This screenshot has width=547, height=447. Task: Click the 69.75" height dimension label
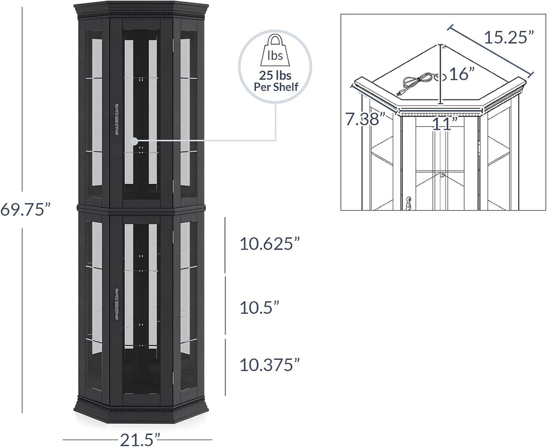tap(26, 210)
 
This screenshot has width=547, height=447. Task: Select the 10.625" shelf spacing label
tap(270, 244)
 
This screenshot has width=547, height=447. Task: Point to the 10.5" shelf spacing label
tap(260, 307)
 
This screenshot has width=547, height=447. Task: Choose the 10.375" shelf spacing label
tap(270, 365)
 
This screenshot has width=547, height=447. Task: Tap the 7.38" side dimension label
tap(365, 119)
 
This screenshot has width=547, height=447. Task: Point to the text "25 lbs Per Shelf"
tap(276, 81)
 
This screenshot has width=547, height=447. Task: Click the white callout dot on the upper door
tap(134, 141)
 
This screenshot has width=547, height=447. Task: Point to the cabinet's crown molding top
tap(141, 10)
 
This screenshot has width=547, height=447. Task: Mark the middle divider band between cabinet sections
tap(141, 209)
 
